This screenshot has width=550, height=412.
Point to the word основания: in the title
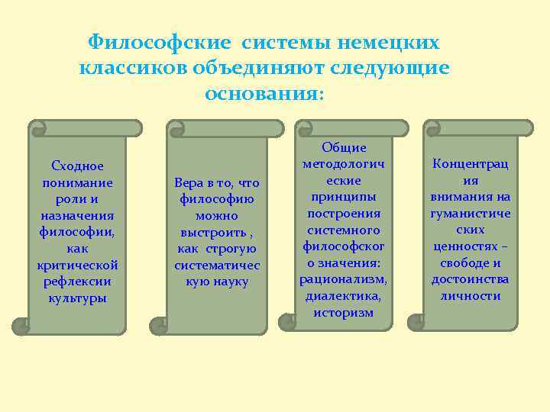(264, 94)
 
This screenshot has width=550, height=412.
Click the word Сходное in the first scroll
(77, 166)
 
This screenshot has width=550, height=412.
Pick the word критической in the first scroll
(77, 265)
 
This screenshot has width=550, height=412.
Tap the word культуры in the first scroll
(77, 298)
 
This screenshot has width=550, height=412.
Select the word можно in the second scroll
(217, 216)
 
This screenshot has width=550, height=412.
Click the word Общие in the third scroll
(344, 147)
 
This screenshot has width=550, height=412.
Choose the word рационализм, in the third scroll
(344, 278)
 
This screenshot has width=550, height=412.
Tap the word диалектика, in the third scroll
(344, 295)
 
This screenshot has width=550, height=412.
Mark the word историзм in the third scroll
(344, 312)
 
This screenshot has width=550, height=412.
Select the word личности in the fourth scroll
(471, 295)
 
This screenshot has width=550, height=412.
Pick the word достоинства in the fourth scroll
(471, 278)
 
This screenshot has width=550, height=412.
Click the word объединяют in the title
(257, 68)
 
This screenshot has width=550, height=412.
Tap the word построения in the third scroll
(344, 213)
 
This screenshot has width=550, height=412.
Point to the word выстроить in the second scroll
(215, 232)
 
